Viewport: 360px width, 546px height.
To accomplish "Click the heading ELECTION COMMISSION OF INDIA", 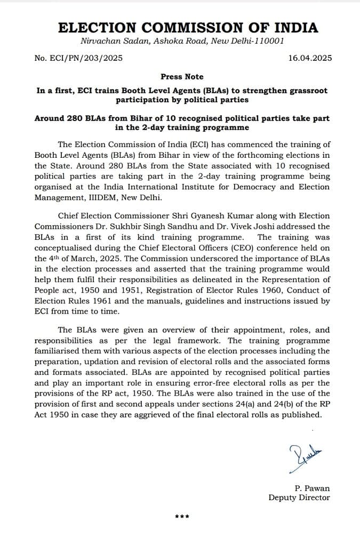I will pos(187,28).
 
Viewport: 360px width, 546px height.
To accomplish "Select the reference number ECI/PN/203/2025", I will pos(86,58).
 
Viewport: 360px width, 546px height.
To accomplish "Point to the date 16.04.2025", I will pos(309,58).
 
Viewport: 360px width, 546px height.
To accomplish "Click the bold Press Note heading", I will pos(182,77).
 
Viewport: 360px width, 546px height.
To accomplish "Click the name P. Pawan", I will pos(312,488).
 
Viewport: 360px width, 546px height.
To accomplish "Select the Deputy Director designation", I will pos(299,497).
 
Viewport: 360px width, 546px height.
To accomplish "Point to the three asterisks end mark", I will pos(182,517).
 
